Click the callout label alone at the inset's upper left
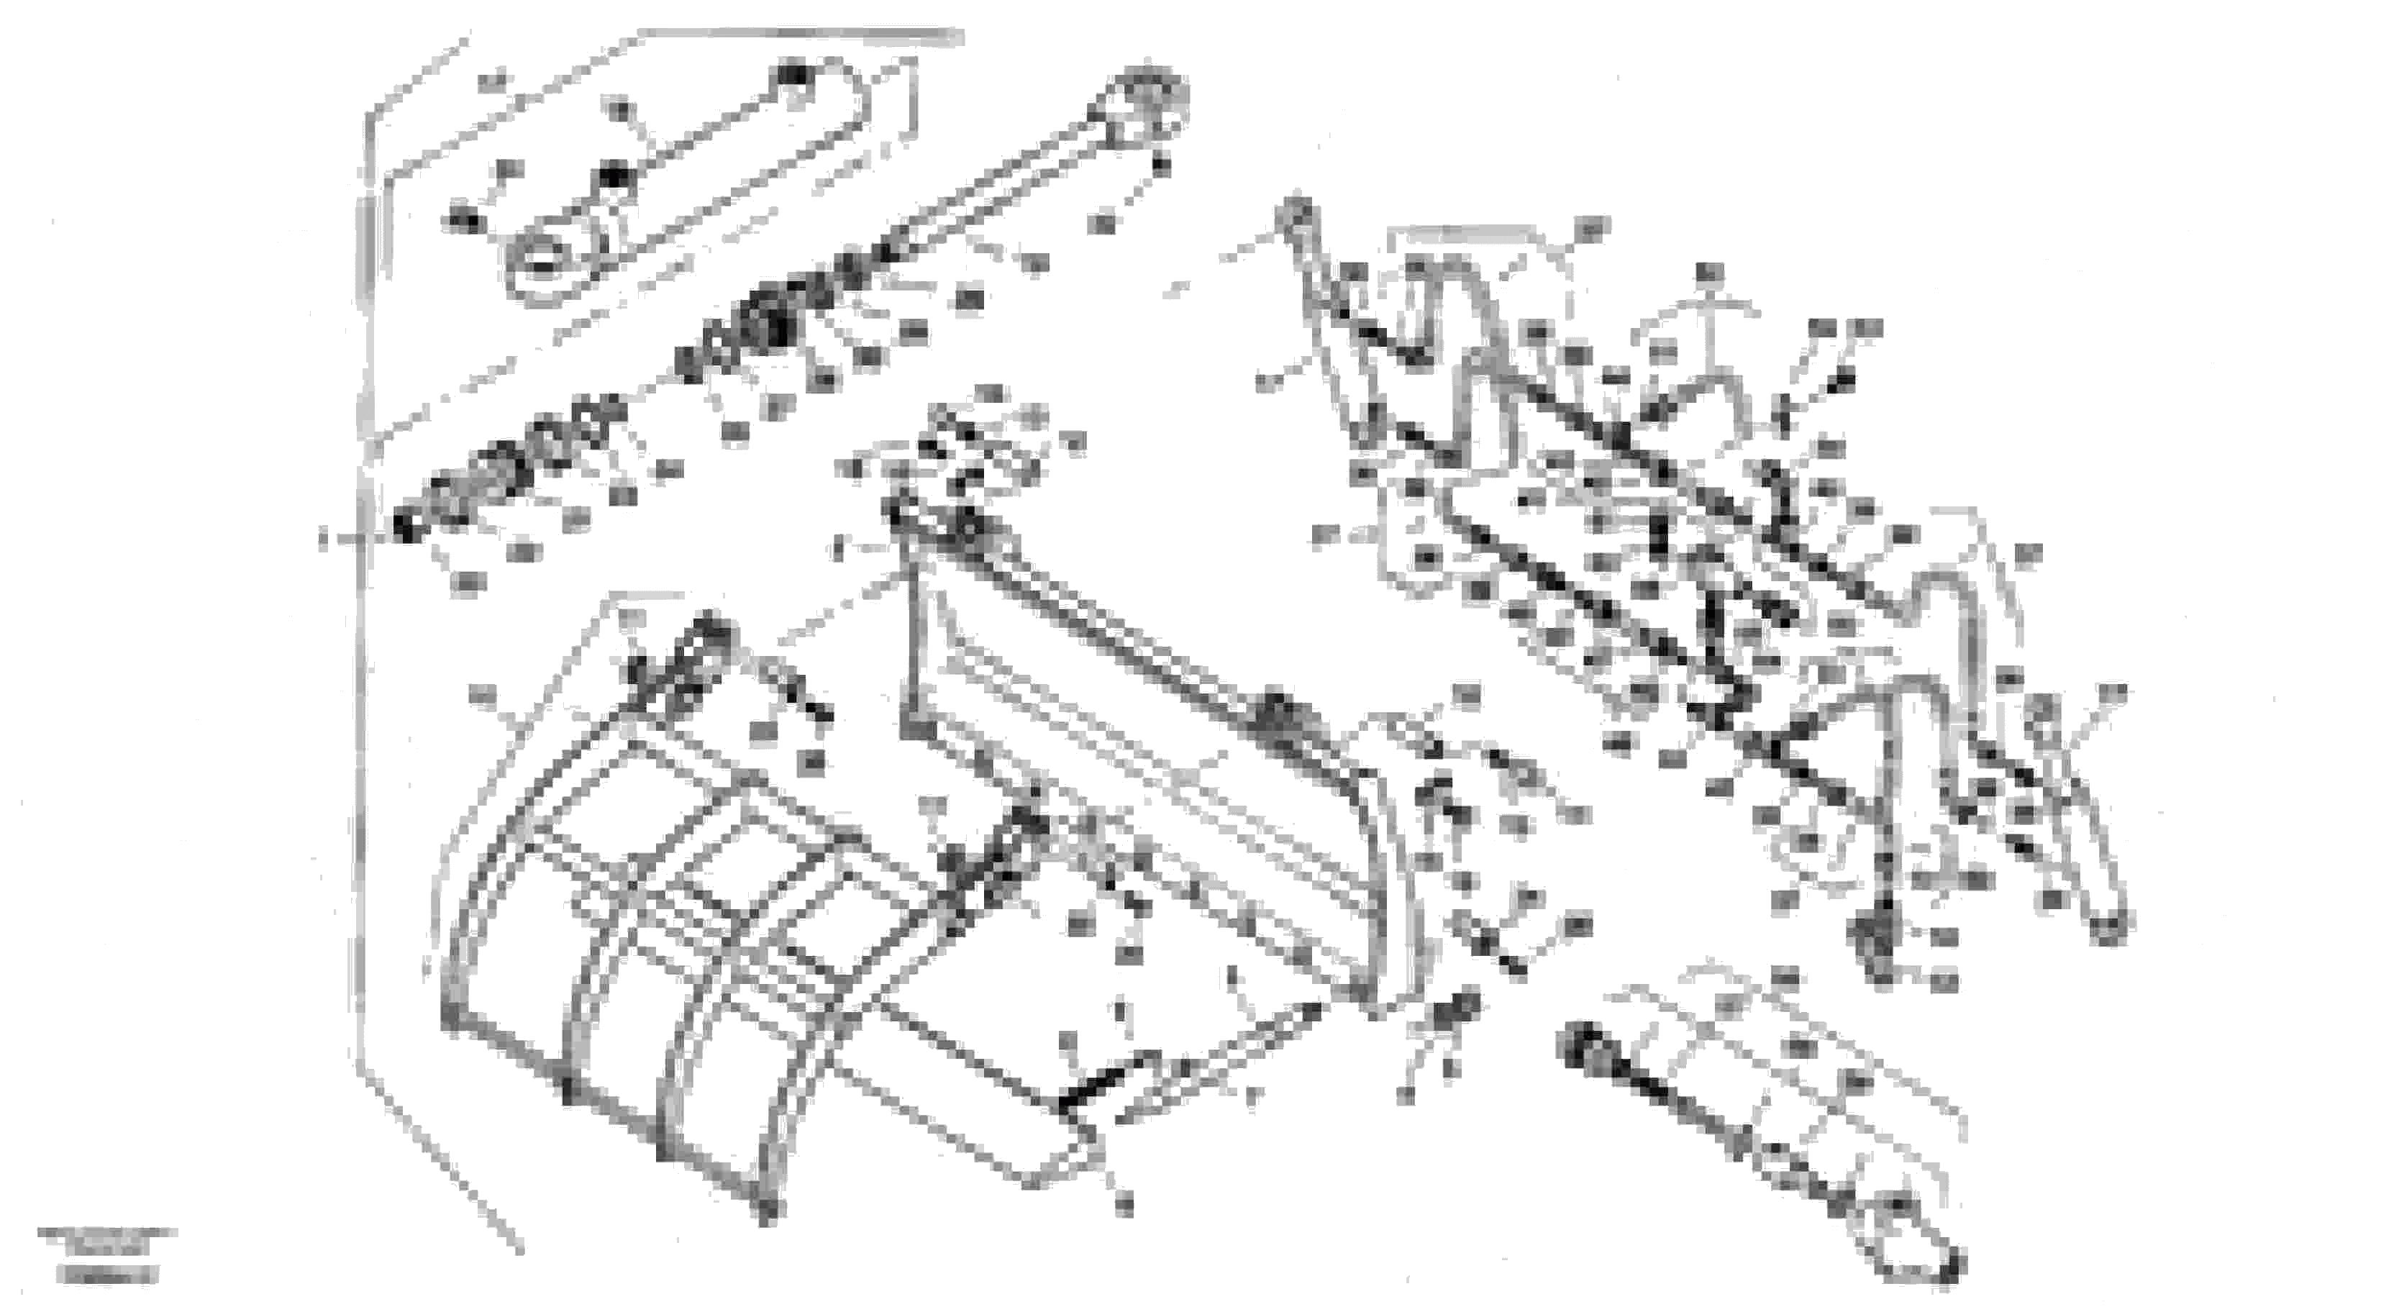[x=493, y=82]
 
